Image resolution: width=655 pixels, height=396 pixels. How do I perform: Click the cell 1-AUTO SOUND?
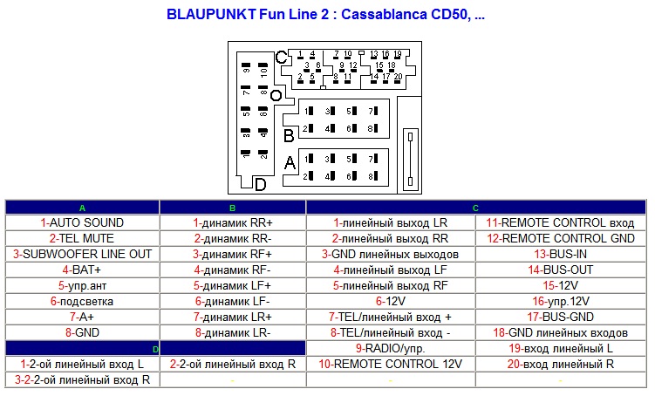[83, 222]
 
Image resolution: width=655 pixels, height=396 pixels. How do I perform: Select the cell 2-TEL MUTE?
[83, 238]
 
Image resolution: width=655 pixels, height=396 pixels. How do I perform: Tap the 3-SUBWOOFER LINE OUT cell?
[83, 254]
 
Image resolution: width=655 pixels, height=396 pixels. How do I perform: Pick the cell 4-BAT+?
[83, 270]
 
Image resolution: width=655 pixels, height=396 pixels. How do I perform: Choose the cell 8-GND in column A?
[83, 332]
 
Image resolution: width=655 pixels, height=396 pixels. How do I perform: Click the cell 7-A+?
[83, 317]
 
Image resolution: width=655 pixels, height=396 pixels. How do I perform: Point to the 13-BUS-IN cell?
[561, 254]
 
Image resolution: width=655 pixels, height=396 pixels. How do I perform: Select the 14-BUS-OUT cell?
[561, 270]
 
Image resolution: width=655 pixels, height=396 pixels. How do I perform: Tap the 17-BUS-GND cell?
[561, 317]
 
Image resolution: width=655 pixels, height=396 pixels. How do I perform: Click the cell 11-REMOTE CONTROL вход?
[561, 222]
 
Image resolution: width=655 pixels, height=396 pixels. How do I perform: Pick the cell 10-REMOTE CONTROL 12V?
[390, 364]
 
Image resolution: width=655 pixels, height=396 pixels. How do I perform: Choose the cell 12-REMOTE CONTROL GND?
[561, 238]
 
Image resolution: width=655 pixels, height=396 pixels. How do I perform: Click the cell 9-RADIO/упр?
[390, 348]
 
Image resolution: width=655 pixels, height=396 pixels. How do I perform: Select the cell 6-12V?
[390, 301]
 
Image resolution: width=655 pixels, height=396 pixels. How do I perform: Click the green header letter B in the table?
[233, 208]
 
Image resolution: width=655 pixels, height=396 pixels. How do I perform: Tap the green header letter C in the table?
[475, 208]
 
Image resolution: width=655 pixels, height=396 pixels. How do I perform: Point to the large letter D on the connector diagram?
[260, 184]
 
